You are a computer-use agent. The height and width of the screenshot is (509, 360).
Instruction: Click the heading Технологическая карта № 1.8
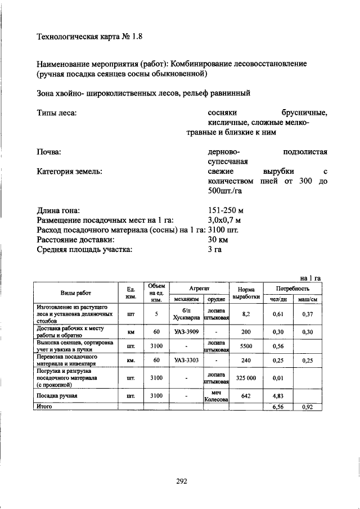coord(90,38)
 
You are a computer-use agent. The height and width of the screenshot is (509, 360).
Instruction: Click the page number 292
coord(181,481)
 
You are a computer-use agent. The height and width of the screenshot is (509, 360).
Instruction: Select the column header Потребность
coord(292,287)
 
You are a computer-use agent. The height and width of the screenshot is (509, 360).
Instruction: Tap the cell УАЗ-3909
coord(186,332)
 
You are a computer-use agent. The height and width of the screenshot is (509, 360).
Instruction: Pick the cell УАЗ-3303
coord(186,360)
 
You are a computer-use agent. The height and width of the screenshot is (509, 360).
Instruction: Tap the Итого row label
coord(44,406)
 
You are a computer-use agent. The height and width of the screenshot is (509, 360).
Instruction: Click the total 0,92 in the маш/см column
coord(307,406)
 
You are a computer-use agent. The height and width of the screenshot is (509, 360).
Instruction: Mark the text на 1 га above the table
coord(310,278)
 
